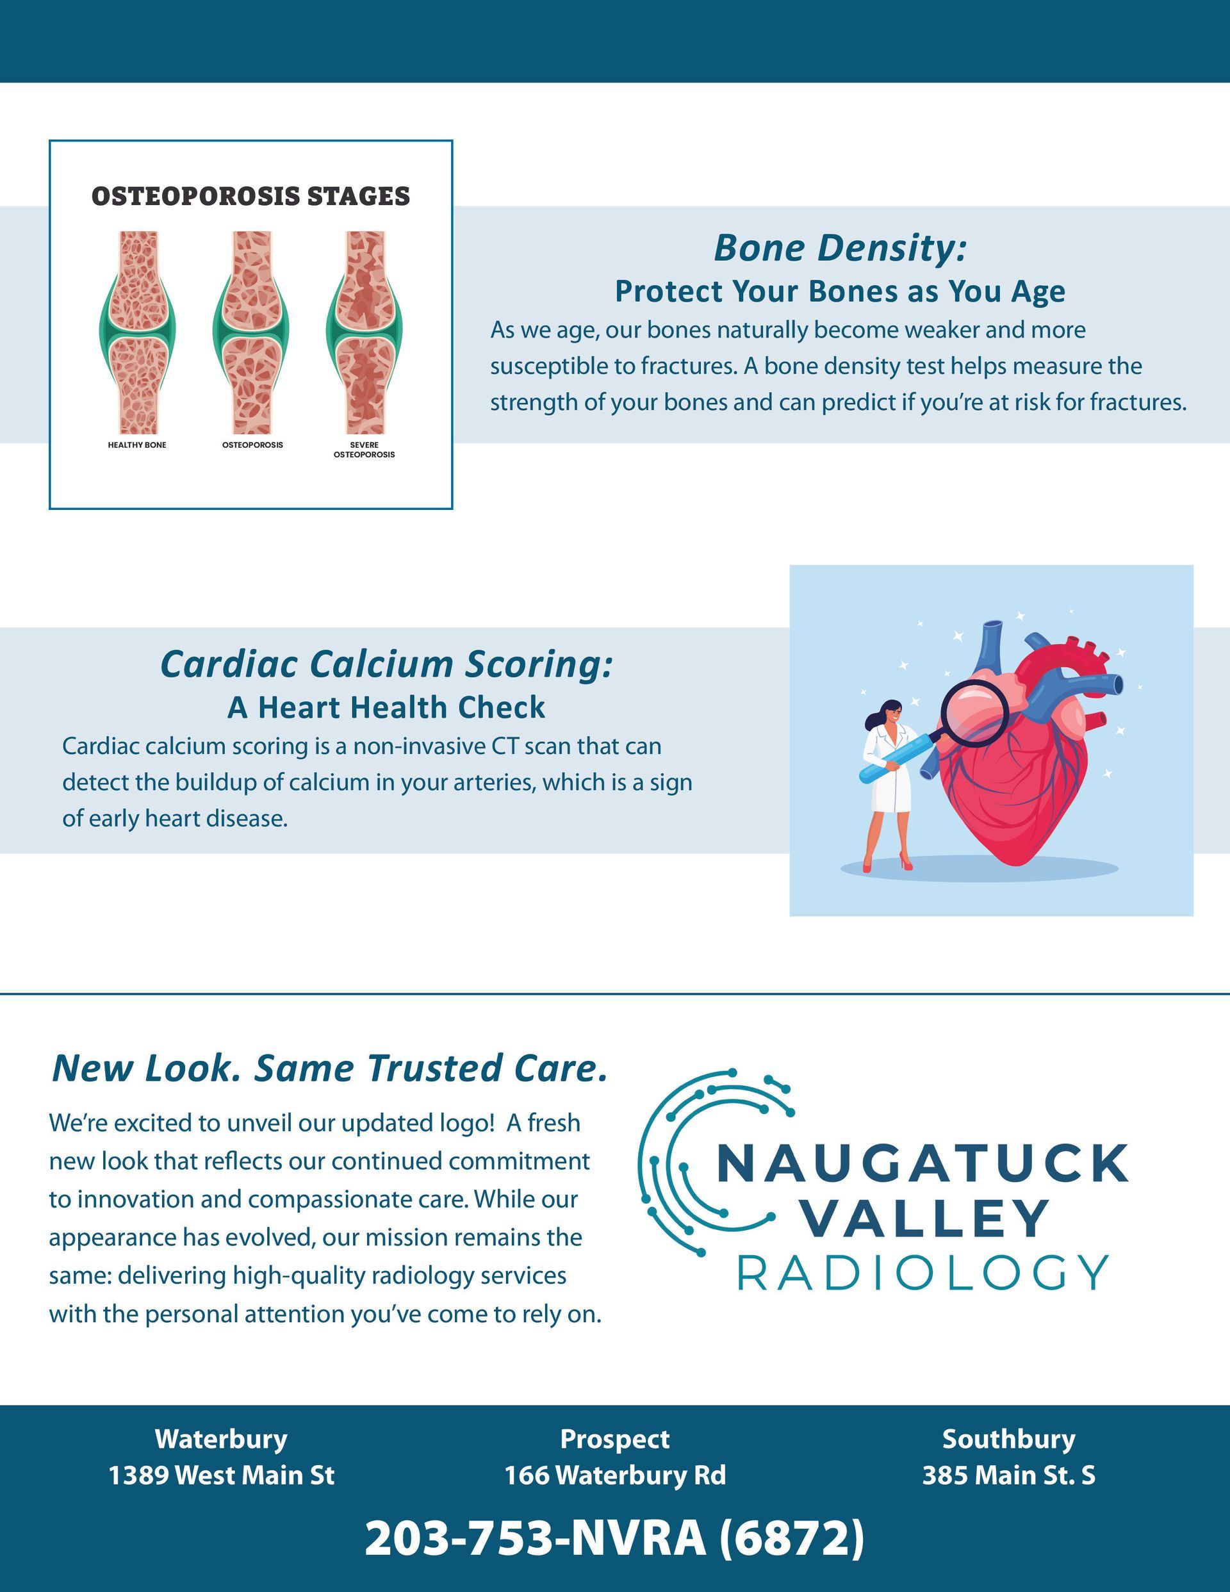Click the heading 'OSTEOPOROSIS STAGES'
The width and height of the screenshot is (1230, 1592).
(x=251, y=196)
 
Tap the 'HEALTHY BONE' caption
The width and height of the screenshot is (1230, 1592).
(x=137, y=445)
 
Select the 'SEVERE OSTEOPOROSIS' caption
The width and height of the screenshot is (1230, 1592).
(x=364, y=450)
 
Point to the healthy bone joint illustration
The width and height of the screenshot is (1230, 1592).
(x=137, y=333)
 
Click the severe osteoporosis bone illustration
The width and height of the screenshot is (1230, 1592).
(x=365, y=333)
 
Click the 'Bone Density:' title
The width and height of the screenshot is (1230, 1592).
(x=840, y=248)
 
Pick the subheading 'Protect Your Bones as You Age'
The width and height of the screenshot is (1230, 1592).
(x=840, y=291)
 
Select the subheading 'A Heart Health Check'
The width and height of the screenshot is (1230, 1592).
(x=386, y=707)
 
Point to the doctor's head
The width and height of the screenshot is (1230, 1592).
(x=888, y=714)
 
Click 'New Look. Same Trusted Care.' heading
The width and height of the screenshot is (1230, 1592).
(x=329, y=1068)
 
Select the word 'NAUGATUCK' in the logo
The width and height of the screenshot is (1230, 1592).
(x=923, y=1163)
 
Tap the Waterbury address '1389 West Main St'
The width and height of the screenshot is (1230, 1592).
(x=222, y=1475)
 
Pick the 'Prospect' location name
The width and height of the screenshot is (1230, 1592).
(x=614, y=1439)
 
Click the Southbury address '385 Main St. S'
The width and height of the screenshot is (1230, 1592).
(x=1008, y=1475)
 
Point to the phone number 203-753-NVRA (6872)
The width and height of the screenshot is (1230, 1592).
(x=614, y=1538)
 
